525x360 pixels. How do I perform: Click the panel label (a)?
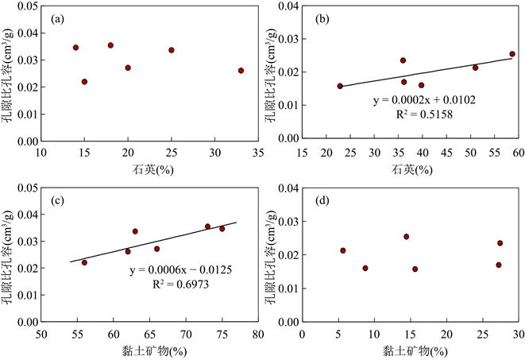57,18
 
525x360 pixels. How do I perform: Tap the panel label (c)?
57,200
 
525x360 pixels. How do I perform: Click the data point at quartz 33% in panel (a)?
241,71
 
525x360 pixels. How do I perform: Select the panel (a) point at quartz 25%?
171,50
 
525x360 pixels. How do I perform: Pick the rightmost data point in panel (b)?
512,54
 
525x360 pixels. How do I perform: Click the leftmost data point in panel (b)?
340,86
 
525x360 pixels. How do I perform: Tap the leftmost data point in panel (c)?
84,262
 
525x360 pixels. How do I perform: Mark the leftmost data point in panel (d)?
343,250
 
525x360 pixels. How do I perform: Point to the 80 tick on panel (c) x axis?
257,335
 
